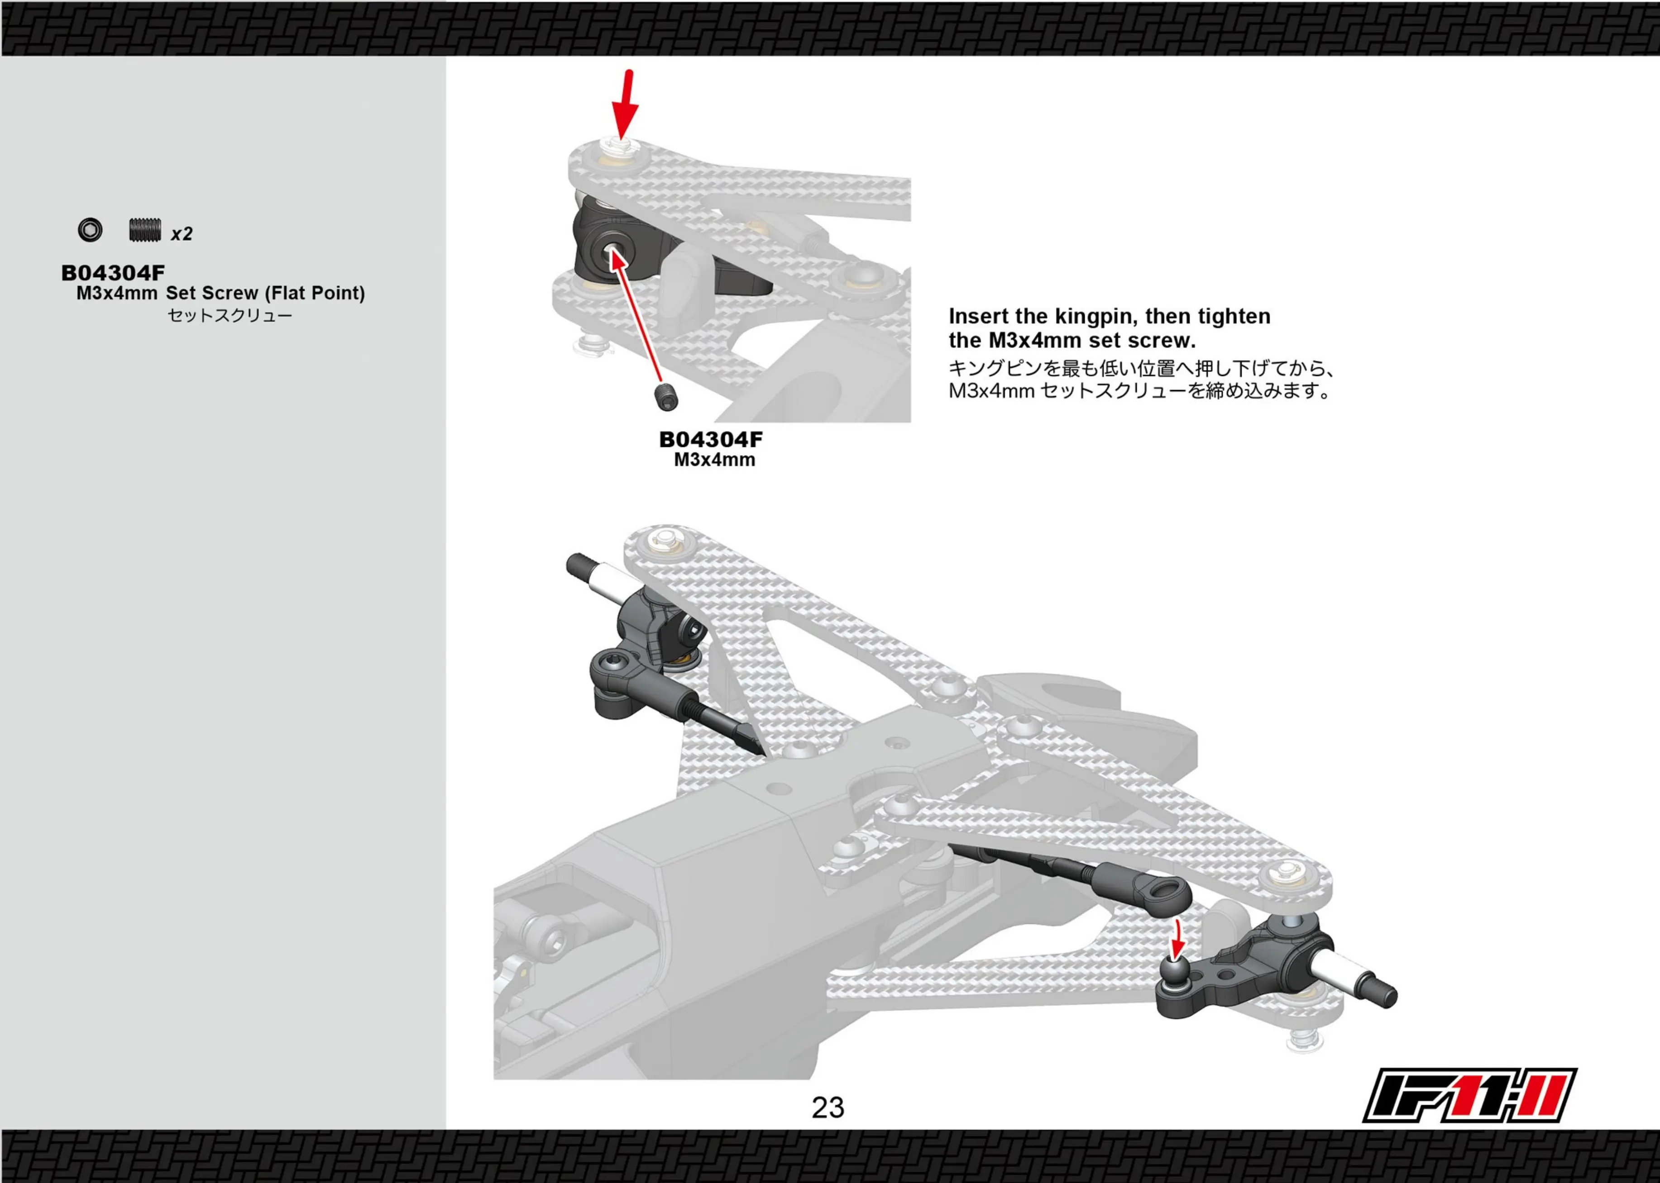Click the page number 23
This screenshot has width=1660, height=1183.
828,1107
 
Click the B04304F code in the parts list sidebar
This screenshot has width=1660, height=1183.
113,273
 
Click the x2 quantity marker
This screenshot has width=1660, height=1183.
182,234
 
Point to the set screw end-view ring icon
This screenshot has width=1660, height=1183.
91,230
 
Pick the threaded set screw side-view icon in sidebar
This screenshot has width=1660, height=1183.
145,230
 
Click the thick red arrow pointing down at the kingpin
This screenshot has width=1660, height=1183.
625,104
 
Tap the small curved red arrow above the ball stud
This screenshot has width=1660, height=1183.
1177,940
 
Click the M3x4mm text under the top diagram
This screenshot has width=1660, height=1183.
714,460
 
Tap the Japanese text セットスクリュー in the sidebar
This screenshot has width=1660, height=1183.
230,315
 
